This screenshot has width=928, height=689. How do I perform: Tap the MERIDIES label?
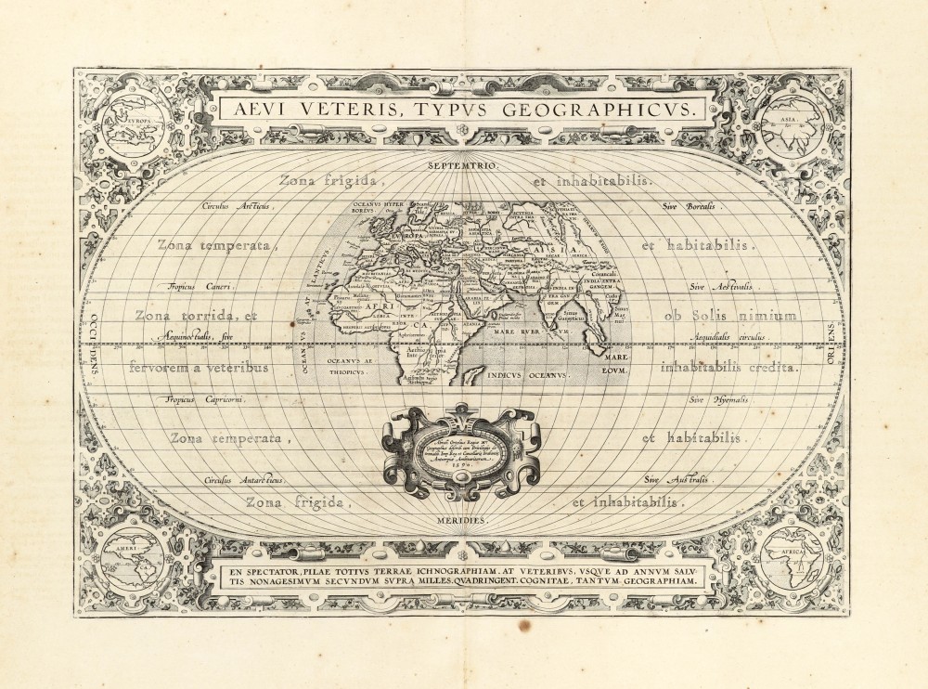click(x=464, y=521)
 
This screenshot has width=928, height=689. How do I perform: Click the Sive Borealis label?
click(x=689, y=205)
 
